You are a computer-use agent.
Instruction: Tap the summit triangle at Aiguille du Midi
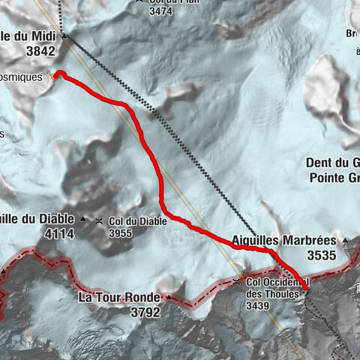(64, 35)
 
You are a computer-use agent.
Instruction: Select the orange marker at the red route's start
(54, 75)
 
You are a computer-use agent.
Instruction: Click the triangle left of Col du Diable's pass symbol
(82, 220)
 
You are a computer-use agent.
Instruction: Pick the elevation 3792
(144, 313)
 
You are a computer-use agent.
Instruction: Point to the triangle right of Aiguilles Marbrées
(346, 240)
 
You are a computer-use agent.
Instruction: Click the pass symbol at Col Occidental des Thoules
(236, 282)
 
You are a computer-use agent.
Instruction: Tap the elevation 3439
(259, 306)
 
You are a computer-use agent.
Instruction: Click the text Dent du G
(332, 163)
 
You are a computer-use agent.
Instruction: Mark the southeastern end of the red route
(306, 289)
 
